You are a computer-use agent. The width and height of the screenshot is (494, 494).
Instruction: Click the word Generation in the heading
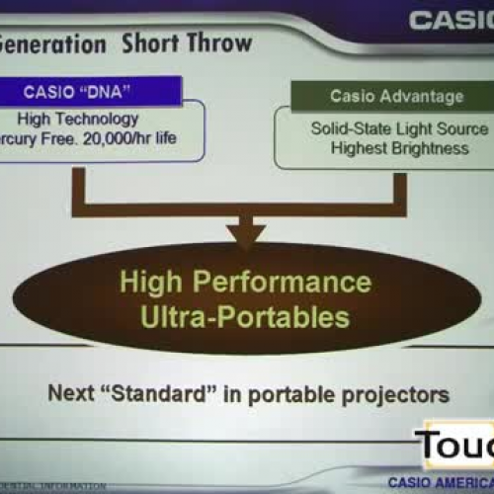pos(53,43)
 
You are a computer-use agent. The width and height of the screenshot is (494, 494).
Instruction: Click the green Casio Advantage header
pos(398,95)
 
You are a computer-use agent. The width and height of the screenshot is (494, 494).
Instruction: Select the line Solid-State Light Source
pos(398,128)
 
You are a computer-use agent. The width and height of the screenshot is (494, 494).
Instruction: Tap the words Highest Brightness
pos(398,147)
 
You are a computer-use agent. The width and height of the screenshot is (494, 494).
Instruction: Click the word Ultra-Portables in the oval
pos(246,317)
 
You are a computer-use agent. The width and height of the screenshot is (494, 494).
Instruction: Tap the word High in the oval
pos(151,282)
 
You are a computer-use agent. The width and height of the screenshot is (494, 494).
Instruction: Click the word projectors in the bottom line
pos(395,394)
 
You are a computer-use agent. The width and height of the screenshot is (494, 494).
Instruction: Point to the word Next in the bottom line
pos(71,393)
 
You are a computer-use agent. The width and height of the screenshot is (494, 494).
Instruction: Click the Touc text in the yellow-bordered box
pos(455,447)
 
